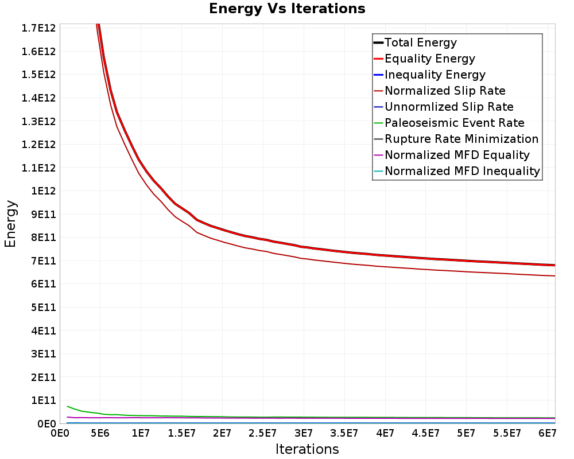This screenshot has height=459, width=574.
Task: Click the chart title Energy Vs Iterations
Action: [x=287, y=9]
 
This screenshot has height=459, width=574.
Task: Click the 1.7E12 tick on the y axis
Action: [x=38, y=28]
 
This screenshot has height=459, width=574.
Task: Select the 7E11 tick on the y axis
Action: [x=44, y=260]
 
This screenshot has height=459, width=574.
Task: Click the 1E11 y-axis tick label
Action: [x=44, y=400]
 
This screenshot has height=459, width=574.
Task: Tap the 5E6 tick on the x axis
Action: [x=100, y=433]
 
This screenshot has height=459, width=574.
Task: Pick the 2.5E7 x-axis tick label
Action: [x=262, y=433]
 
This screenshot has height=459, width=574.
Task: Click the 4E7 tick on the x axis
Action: [x=385, y=433]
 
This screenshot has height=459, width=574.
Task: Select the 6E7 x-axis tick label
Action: [x=547, y=433]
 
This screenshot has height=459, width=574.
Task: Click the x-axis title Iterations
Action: [x=307, y=449]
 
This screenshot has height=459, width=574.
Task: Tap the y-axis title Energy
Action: [x=10, y=224]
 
